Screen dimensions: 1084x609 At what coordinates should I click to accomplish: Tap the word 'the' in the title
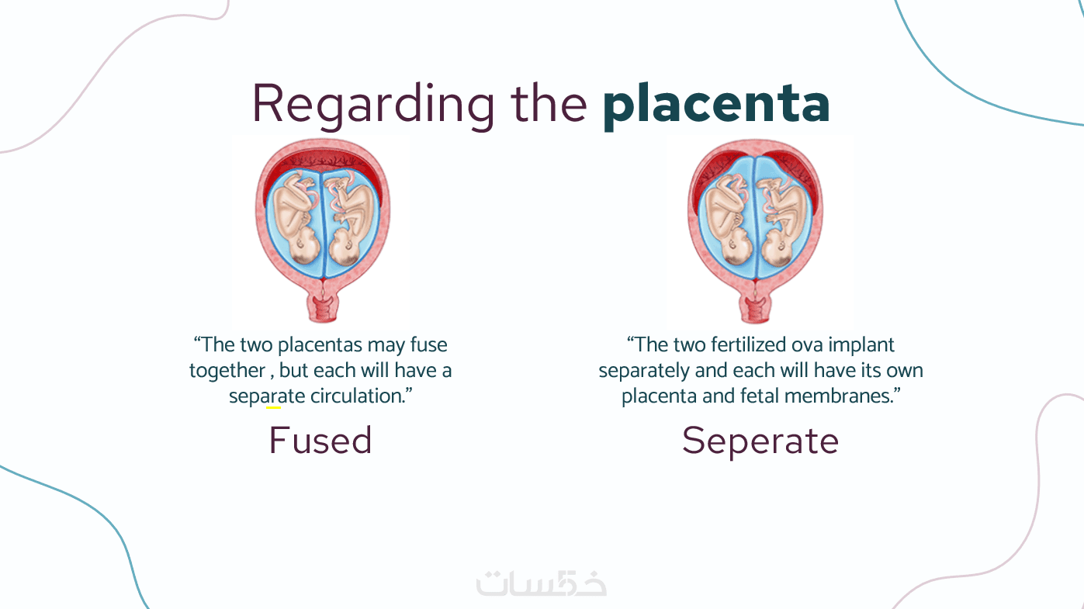coord(549,103)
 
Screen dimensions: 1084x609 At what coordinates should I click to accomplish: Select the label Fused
coord(320,440)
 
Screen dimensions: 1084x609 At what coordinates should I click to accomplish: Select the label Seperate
coord(760,442)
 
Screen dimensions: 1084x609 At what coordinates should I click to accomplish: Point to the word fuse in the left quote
coord(429,345)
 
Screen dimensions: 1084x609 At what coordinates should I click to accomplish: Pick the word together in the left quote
coord(227,371)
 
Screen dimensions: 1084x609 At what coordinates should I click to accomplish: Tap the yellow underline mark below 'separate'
coord(273,408)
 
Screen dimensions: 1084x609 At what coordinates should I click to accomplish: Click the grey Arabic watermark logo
coord(541,583)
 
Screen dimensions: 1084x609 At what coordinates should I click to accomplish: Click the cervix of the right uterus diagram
coord(755,306)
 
